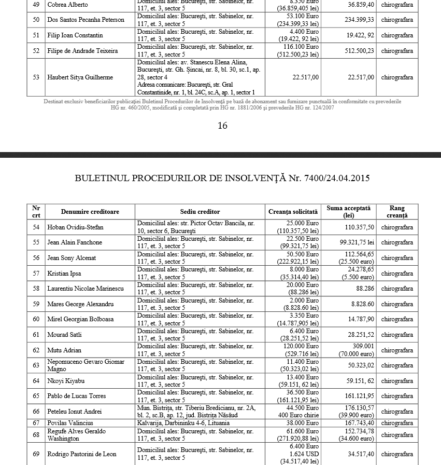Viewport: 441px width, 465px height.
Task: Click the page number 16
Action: pyautogui.click(x=222, y=126)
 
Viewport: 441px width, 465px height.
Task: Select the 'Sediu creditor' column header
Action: pyautogui.click(x=200, y=212)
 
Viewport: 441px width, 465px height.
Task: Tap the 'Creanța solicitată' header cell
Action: pyautogui.click(x=293, y=212)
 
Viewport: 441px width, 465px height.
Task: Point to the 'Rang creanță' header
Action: pyautogui.click(x=397, y=212)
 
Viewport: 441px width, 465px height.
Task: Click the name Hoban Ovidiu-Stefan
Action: pyautogui.click(x=75, y=227)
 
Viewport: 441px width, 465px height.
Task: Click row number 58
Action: pyautogui.click(x=36, y=289)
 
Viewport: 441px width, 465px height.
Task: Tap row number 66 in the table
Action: pyautogui.click(x=36, y=412)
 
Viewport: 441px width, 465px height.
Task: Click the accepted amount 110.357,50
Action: pyautogui.click(x=359, y=227)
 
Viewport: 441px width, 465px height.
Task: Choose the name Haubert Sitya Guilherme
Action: pyautogui.click(x=80, y=77)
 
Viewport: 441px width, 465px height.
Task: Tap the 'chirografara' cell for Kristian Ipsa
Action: pyautogui.click(x=397, y=273)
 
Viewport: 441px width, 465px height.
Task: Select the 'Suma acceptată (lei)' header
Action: pyautogui.click(x=348, y=212)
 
